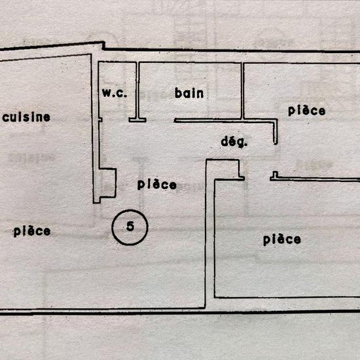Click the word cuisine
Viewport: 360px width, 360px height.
[26, 117]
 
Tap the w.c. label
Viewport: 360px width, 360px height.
[115, 93]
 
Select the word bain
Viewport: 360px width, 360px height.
[189, 93]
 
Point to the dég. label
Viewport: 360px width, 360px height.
[234, 142]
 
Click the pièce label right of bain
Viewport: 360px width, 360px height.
[306, 111]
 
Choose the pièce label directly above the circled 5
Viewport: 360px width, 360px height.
[157, 185]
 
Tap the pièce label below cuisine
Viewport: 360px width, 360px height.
[32, 231]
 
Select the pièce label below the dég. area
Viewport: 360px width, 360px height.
[282, 240]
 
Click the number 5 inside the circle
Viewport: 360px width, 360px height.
[130, 226]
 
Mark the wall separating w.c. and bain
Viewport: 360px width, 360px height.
[137, 90]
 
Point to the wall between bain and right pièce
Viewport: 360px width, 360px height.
[242, 91]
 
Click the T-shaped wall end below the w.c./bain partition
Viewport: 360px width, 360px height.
[137, 120]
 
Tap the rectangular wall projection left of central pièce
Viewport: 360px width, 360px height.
[107, 183]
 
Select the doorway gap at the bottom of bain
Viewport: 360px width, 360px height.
[160, 120]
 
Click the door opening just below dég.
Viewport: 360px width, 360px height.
[257, 178]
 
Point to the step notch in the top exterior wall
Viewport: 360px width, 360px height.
[103, 45]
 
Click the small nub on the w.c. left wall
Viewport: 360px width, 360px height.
[100, 120]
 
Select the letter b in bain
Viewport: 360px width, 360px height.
[178, 93]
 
